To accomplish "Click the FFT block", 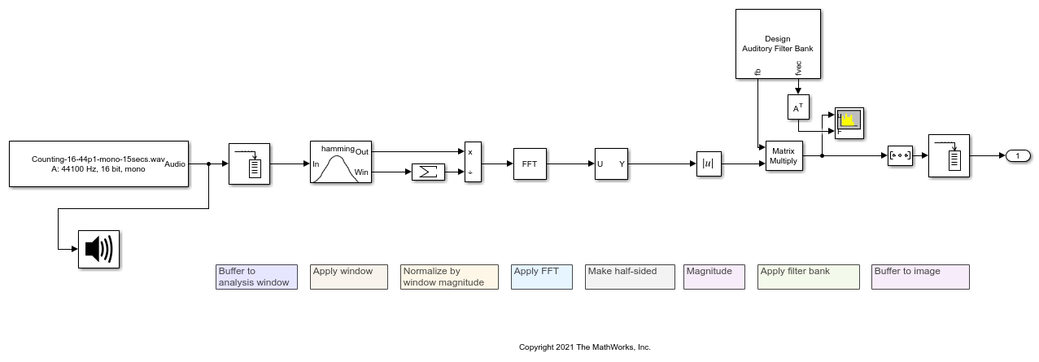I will [530, 164].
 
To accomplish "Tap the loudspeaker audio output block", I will [98, 249].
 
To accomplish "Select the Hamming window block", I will [340, 162].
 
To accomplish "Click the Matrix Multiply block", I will [783, 155].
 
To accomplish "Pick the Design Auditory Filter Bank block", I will [777, 44].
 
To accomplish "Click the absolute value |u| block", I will [709, 164].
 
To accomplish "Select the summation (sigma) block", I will [428, 172].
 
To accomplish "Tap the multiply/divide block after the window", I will [473, 162].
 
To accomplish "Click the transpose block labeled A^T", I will [797, 107].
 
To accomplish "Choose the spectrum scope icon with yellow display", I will [849, 122].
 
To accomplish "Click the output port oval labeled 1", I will [1018, 155].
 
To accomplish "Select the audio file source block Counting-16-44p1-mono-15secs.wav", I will [98, 164].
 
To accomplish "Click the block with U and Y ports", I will [611, 164].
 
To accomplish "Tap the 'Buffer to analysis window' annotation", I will [256, 277].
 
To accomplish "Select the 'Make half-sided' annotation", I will [630, 277].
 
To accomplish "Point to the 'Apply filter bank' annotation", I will [808, 277].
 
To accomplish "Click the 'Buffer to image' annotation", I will [920, 277].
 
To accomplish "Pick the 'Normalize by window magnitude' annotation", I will [449, 277].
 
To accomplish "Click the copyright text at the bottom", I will [584, 347].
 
